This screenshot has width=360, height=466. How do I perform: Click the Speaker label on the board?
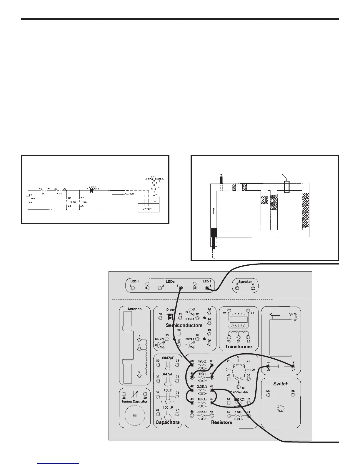(x=245, y=282)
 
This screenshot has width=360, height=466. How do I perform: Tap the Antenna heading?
(x=134, y=309)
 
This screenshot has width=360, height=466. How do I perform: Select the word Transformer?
(x=239, y=347)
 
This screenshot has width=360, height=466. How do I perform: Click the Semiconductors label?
(x=184, y=325)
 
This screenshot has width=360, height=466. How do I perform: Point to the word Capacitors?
(x=167, y=422)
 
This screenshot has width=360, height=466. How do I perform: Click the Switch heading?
(x=281, y=384)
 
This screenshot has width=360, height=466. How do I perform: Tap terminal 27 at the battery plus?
(x=293, y=366)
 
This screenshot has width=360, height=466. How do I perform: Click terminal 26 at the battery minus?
(x=268, y=366)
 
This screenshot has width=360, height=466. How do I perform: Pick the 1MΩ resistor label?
(x=239, y=412)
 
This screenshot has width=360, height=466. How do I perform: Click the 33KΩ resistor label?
(x=202, y=412)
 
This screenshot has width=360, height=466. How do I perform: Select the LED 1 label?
(x=135, y=282)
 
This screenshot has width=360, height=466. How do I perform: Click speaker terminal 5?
(x=237, y=288)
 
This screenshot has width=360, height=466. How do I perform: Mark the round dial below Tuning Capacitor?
(x=134, y=416)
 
